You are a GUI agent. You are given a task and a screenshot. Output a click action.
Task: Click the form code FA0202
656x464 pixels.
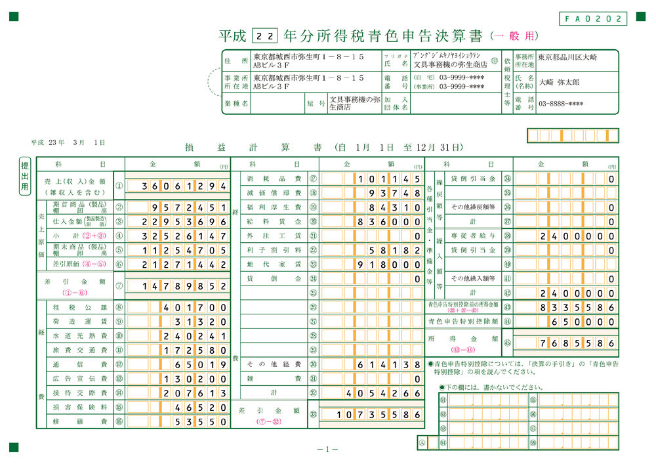594,18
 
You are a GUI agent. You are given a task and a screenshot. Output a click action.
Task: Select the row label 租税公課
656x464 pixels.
79,307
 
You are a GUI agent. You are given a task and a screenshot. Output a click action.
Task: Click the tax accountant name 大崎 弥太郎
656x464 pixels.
560,83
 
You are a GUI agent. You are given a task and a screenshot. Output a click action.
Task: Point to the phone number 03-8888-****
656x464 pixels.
561,104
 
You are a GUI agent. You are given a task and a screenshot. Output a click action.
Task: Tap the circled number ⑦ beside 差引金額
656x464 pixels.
119,286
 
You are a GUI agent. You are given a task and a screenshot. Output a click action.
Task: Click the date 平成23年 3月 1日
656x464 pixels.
68,142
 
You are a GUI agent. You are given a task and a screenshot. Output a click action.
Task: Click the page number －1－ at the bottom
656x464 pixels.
327,450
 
